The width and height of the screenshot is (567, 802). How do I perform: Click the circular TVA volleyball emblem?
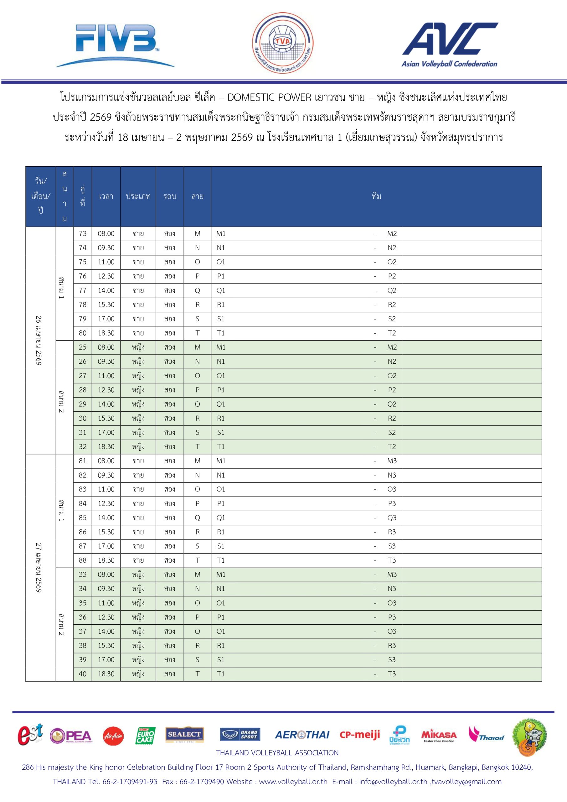click(282, 43)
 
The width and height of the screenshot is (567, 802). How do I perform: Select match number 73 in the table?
click(82, 234)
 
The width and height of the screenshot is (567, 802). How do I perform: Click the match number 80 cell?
click(82, 333)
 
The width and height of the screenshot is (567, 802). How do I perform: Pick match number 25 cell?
click(82, 347)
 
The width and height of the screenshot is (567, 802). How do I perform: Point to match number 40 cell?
click(82, 674)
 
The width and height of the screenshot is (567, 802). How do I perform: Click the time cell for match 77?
click(106, 291)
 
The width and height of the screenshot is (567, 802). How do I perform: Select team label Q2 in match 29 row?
click(392, 404)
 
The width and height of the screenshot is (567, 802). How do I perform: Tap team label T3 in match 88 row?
click(392, 560)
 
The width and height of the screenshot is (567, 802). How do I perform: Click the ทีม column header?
click(376, 196)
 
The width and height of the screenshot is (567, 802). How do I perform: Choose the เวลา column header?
click(106, 196)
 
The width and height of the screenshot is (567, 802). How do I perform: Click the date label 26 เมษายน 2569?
click(39, 341)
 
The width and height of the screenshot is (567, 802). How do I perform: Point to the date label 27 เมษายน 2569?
click(39, 568)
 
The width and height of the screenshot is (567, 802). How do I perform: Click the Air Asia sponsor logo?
click(113, 736)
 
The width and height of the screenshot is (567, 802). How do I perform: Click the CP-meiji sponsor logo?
click(360, 735)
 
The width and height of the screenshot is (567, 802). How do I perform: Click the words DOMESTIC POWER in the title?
click(269, 97)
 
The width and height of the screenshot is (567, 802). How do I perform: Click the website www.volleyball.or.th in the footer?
click(293, 781)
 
